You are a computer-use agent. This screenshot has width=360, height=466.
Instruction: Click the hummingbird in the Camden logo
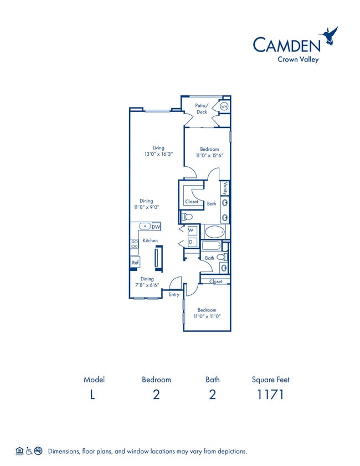click(x=328, y=35)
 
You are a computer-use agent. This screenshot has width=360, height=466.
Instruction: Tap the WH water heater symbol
click(x=224, y=106)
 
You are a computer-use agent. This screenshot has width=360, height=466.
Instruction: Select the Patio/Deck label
click(x=202, y=109)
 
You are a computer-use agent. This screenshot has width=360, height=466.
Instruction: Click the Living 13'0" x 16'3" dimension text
click(x=158, y=154)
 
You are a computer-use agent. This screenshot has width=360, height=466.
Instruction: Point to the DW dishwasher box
click(x=156, y=227)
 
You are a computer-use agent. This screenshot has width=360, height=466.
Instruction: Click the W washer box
click(x=192, y=231)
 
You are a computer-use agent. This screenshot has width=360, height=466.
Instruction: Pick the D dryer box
click(x=192, y=242)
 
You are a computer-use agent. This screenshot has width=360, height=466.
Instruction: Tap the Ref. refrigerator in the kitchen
click(x=135, y=262)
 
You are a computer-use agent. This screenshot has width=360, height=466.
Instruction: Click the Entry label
click(x=174, y=295)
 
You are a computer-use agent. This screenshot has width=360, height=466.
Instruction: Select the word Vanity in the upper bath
click(x=225, y=188)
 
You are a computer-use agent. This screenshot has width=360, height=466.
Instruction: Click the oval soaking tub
click(x=214, y=232)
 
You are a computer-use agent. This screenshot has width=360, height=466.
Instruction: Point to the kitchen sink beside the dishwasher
click(x=145, y=226)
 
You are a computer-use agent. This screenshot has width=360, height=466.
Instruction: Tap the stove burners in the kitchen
click(x=135, y=244)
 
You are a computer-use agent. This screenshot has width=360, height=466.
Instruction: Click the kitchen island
click(x=158, y=259)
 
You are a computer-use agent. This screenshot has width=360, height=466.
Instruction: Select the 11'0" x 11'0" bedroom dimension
click(x=207, y=316)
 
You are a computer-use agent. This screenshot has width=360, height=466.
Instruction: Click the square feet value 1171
click(x=270, y=395)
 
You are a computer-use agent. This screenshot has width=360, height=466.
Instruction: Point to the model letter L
click(x=92, y=395)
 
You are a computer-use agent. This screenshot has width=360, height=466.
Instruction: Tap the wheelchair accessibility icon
click(x=29, y=451)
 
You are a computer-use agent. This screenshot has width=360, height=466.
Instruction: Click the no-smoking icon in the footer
click(x=38, y=451)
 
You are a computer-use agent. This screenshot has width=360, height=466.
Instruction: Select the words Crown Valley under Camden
click(x=298, y=59)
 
